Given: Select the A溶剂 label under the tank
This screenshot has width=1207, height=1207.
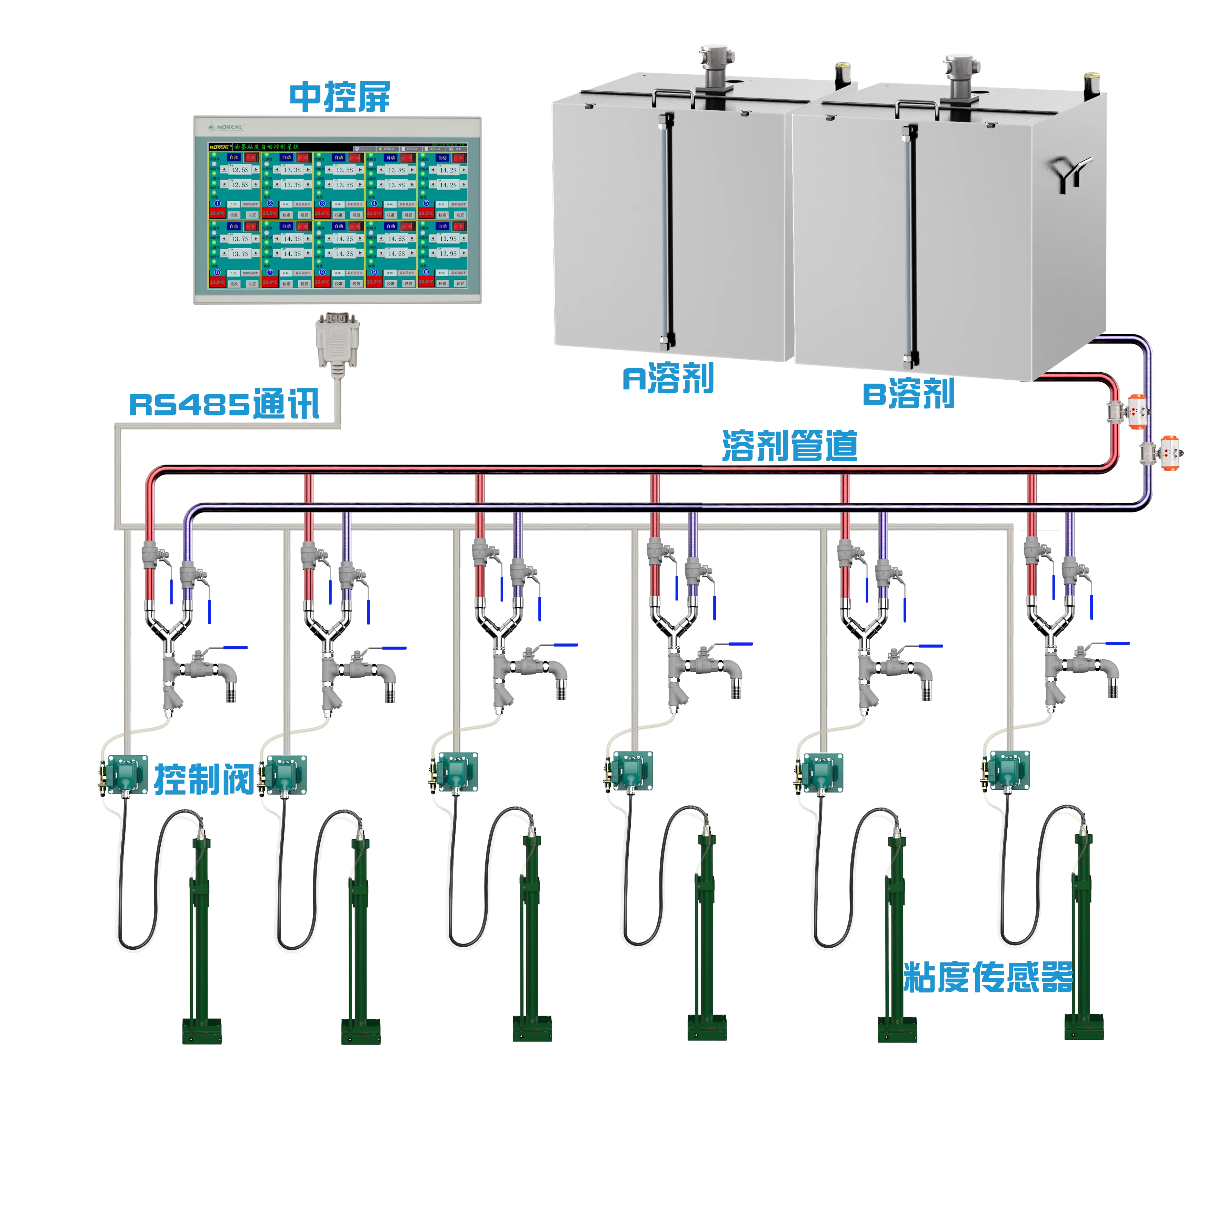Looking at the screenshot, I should pyautogui.click(x=668, y=379).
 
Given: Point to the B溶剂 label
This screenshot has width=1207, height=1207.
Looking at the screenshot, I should pyautogui.click(x=909, y=393).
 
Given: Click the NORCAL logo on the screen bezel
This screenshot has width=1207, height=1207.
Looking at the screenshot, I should pyautogui.click(x=226, y=127).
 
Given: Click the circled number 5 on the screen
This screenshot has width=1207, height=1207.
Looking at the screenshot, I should pyautogui.click(x=426, y=204).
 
